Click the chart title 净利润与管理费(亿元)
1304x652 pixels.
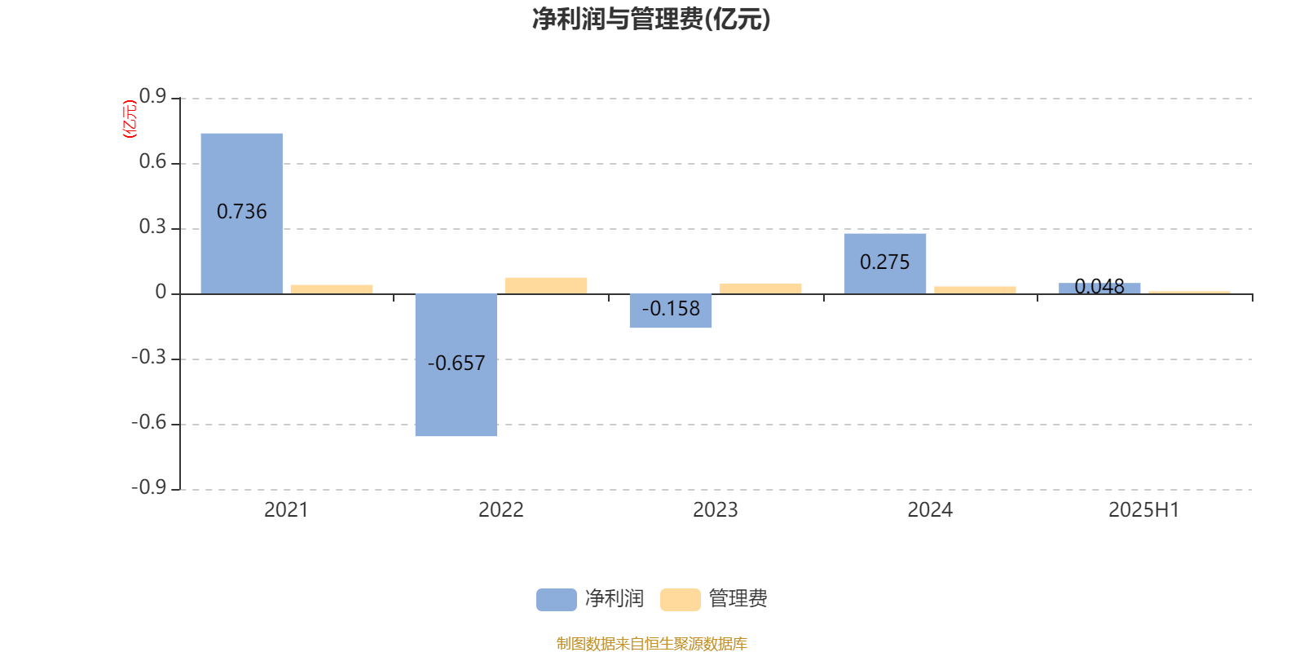[651, 20]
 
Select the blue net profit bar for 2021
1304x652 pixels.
[241, 214]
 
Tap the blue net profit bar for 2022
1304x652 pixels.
[456, 365]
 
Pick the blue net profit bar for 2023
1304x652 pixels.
[671, 311]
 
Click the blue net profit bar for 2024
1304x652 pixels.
[885, 264]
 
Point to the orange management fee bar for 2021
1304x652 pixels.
[332, 289]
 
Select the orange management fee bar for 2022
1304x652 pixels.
[546, 286]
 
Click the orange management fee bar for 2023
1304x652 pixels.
[760, 289]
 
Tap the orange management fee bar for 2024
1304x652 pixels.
[975, 290]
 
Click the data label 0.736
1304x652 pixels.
[241, 211]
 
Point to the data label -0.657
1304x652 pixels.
[456, 363]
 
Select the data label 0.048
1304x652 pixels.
[1099, 286]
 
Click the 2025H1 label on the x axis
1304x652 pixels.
[1144, 510]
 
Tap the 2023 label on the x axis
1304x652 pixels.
[716, 510]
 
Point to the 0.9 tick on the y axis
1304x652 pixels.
[152, 96]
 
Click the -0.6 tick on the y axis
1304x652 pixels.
[149, 422]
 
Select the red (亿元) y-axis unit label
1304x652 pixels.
[130, 119]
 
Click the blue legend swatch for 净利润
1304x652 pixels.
[557, 600]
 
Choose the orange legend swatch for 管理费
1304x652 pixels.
[680, 600]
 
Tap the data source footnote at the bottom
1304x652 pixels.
[651, 643]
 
